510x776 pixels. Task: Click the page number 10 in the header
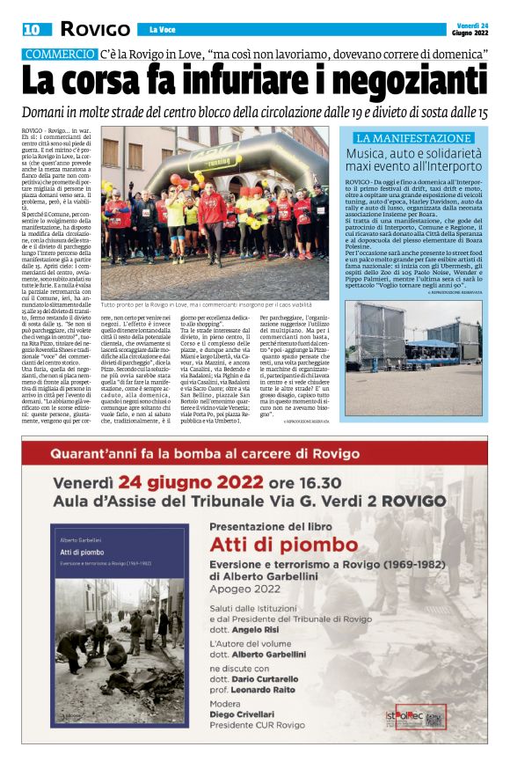coord(32,29)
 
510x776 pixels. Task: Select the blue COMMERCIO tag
coord(60,54)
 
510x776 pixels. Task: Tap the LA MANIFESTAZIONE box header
coord(413,138)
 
